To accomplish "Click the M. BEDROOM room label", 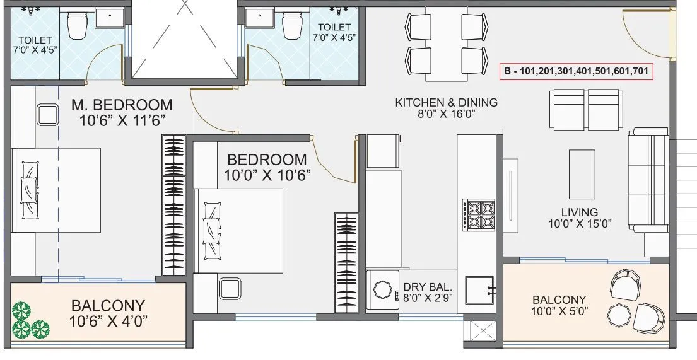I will (x=121, y=104).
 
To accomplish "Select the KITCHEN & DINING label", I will (x=446, y=102).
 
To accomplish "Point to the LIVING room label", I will (x=580, y=212).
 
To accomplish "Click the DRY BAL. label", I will (x=426, y=287).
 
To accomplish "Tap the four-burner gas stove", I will (x=479, y=214).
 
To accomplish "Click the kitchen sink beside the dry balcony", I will (x=479, y=290).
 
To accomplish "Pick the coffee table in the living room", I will (x=582, y=173).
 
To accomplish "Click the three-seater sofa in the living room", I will (x=647, y=182).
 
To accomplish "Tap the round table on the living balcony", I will (x=618, y=313).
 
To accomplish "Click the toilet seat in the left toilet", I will (x=78, y=25).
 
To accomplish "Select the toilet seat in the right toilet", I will (x=292, y=26).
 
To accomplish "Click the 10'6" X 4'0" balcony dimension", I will (x=108, y=321).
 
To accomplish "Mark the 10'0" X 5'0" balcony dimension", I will (x=559, y=310).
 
